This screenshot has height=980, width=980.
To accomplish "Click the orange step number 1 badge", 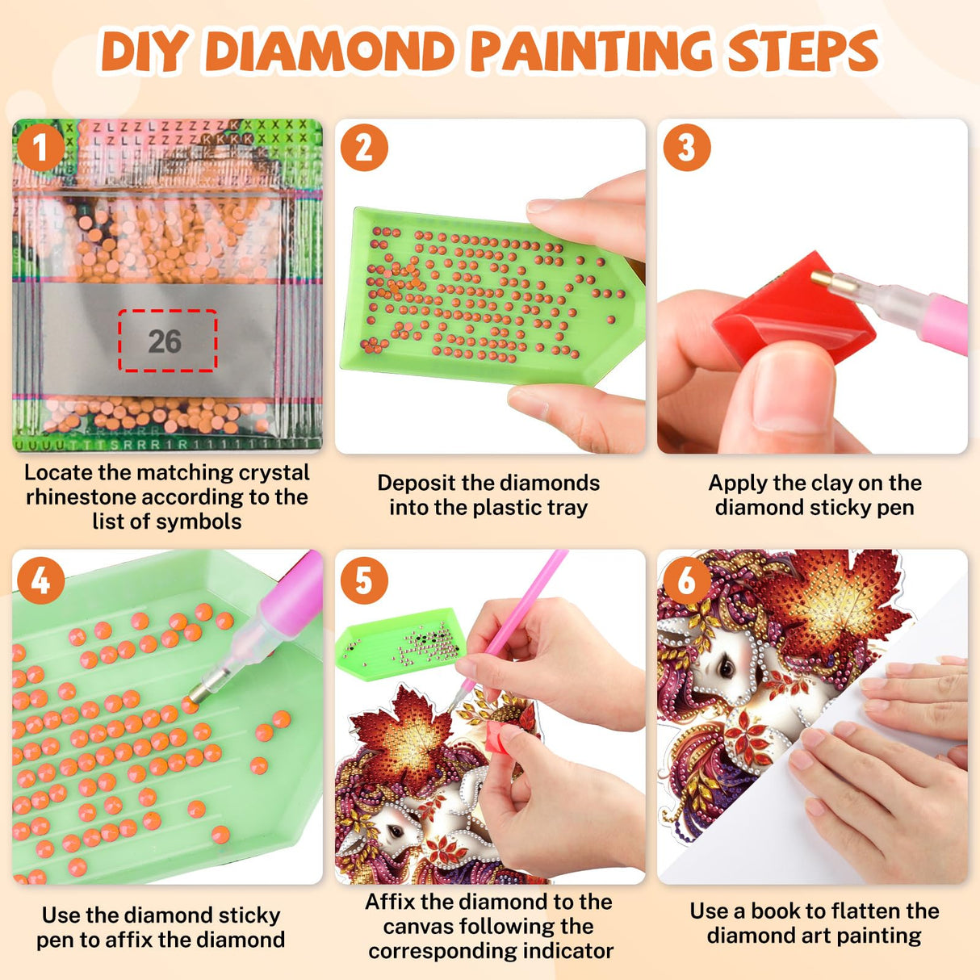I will point(40,148).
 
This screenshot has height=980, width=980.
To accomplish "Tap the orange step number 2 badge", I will point(364,148).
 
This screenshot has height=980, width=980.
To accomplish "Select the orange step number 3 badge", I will point(686,148).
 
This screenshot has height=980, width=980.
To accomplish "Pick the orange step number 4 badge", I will point(40,580).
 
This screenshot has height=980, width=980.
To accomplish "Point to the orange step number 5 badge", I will point(364,580).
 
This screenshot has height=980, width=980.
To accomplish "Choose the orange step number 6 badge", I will point(686,580).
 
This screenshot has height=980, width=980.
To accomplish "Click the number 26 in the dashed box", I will point(165,341).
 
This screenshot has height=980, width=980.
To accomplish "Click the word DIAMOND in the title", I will point(331,52).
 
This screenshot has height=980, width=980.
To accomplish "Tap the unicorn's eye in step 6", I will point(726,668).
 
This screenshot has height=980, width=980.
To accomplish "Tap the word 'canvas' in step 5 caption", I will point(420,926).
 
